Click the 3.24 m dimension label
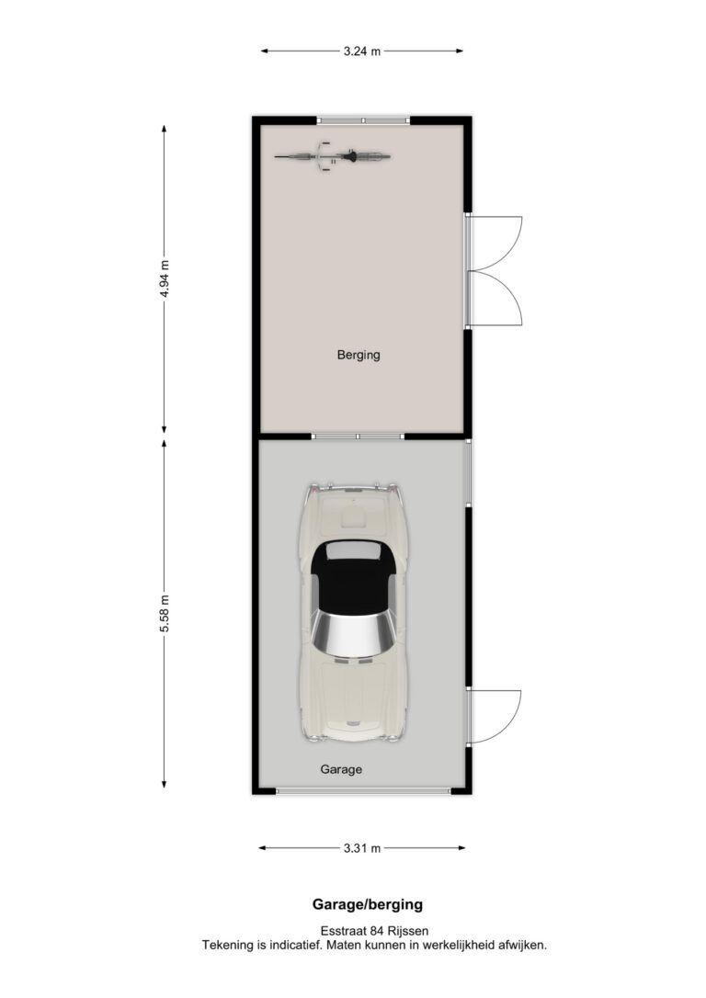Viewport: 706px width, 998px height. pos(361,51)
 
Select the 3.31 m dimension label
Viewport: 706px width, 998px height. pos(361,848)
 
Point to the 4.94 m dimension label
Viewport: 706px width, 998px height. pos(165,278)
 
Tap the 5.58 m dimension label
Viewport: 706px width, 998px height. pos(165,614)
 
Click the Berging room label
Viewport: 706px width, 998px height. pos(359,355)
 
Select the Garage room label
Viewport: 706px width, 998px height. pos(341,769)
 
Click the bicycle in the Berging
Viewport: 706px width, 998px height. pos(332,156)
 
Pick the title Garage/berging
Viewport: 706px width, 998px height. pos(368,903)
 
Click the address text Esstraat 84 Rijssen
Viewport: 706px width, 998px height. pos(374,931)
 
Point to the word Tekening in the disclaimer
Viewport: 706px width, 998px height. pos(228,946)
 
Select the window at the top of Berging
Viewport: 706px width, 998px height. pos(363,119)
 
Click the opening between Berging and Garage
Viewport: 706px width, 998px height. pos(358,437)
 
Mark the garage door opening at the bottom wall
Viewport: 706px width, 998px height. pos(363,791)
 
